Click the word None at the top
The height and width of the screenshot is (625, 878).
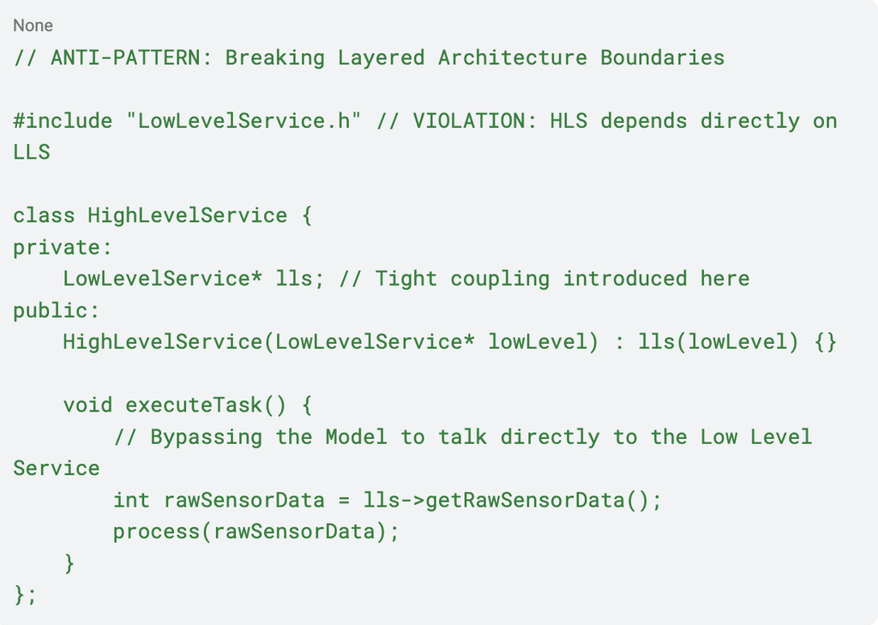(33, 26)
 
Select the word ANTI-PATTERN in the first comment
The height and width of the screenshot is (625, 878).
(125, 57)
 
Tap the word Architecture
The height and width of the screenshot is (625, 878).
(513, 57)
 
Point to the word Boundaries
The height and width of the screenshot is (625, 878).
(663, 57)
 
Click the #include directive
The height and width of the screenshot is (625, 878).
(63, 121)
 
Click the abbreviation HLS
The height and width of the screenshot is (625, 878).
(568, 121)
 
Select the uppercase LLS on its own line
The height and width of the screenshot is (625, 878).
(32, 153)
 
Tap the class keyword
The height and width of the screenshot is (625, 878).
(44, 215)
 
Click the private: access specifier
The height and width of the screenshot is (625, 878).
(63, 248)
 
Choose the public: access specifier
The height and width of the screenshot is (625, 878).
(56, 311)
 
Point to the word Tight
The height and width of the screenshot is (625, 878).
(406, 279)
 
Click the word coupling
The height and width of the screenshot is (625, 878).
(500, 279)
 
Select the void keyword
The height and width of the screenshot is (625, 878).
(88, 406)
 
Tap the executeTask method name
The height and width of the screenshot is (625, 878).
(194, 406)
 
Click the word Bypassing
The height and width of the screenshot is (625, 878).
(206, 437)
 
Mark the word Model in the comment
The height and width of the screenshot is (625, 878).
(356, 437)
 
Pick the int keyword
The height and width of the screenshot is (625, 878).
(131, 500)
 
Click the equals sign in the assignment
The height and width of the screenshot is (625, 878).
(344, 501)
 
